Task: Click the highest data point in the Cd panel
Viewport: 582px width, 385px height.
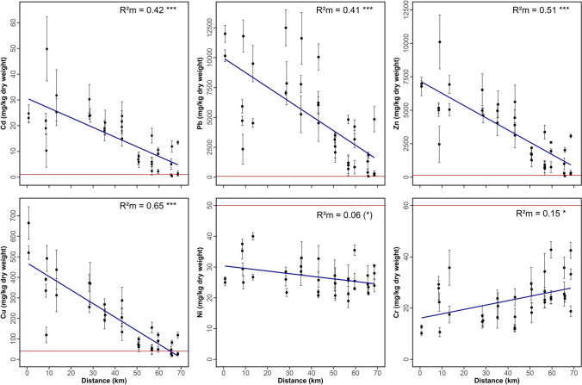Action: pos(46,48)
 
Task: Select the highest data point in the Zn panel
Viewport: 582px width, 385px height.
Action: pos(440,41)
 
